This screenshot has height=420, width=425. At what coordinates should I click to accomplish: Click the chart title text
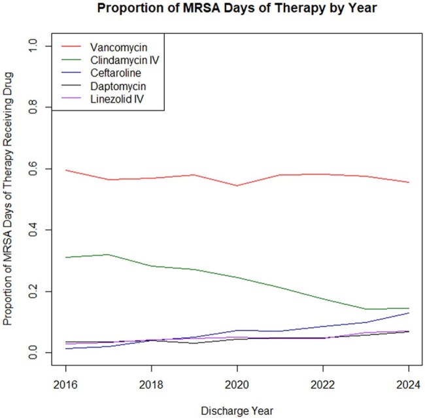click(x=237, y=8)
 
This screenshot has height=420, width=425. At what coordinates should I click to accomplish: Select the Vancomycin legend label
click(x=119, y=47)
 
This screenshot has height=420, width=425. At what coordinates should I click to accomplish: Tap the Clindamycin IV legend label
click(x=125, y=60)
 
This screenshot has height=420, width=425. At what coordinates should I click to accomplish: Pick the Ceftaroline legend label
click(x=116, y=73)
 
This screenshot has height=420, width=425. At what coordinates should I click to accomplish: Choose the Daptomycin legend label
click(x=118, y=86)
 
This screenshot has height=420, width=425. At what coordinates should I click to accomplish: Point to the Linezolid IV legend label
click(x=117, y=99)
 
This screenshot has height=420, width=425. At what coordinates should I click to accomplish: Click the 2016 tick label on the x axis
click(x=65, y=385)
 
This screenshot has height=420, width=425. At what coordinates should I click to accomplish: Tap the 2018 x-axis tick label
click(x=151, y=385)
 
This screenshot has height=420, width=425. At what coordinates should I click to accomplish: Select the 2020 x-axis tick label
click(x=237, y=385)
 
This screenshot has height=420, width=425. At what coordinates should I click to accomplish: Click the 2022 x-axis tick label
click(x=322, y=385)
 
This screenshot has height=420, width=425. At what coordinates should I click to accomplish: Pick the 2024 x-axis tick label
click(x=409, y=385)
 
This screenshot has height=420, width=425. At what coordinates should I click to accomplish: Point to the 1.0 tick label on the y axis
click(x=33, y=46)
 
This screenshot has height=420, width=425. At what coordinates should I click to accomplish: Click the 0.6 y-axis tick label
click(x=33, y=169)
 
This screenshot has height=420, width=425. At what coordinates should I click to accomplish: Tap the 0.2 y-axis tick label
click(x=33, y=291)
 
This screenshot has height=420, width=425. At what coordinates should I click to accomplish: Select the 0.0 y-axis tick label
click(x=33, y=353)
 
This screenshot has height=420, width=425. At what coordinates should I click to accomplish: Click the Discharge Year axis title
click(x=237, y=411)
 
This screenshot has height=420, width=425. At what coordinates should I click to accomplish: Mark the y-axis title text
click(x=8, y=199)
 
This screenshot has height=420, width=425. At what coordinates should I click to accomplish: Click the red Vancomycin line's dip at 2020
click(x=237, y=186)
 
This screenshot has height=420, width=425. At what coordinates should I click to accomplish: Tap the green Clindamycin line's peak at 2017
click(x=109, y=255)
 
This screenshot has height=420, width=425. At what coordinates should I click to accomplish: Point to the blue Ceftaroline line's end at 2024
click(x=409, y=313)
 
